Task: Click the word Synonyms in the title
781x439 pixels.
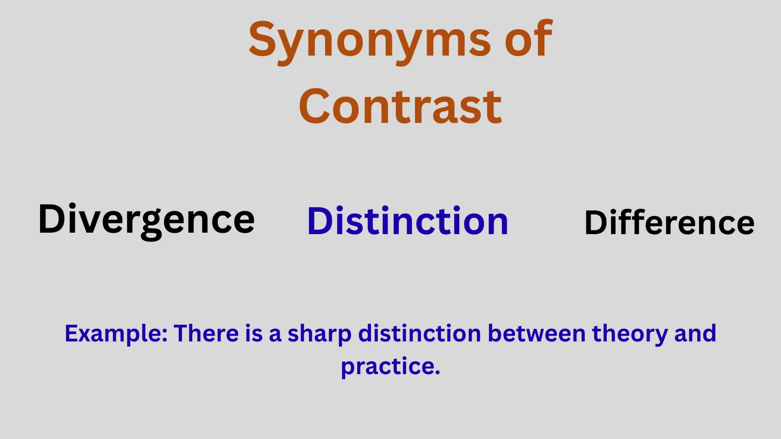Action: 369,40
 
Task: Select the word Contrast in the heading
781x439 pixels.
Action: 400,107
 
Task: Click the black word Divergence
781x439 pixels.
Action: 146,219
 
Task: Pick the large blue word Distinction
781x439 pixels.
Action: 408,221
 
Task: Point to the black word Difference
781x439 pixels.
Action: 669,223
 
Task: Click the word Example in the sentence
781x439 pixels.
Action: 115,334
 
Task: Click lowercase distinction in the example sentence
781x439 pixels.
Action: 420,334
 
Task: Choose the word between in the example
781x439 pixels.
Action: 536,334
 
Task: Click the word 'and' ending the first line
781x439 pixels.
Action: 695,334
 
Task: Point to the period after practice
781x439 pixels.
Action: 437,373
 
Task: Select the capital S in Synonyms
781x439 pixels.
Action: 263,39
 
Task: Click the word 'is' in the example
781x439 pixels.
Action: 253,334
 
